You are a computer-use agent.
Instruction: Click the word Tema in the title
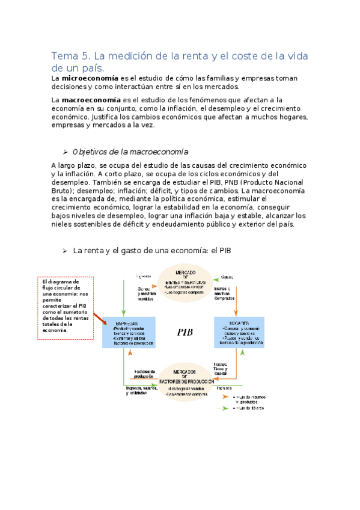coord(61,57)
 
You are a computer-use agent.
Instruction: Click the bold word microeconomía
coord(89,78)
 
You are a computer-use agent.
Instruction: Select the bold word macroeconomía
coord(91,99)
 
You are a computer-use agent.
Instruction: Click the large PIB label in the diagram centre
coord(185,331)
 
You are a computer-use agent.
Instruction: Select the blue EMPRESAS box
coord(129,331)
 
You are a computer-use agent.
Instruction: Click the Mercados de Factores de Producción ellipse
coord(185,382)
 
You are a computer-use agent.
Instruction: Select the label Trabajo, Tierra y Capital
coord(221,369)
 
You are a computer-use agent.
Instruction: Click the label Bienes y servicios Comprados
coord(225,293)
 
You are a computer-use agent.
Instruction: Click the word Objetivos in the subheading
coord(90,152)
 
